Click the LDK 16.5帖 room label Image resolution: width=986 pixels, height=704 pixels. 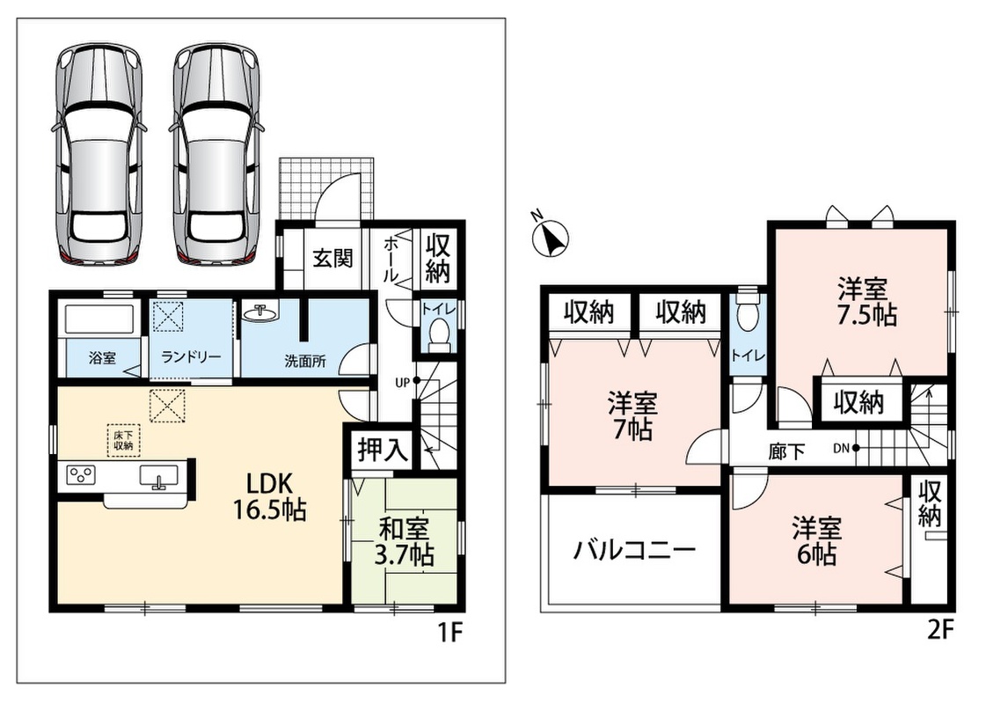point(269,496)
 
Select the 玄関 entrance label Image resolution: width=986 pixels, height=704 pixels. point(333,258)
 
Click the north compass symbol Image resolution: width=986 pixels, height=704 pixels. point(551,238)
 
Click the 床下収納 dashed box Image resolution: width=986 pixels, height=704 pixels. point(123,440)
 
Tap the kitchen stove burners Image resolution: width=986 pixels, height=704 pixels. point(78,474)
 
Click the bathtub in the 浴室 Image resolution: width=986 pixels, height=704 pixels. point(99,321)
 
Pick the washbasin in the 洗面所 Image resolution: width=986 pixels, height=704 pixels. point(259,312)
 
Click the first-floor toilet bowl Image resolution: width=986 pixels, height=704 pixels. point(438,333)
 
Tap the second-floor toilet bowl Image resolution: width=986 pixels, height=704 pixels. point(748,312)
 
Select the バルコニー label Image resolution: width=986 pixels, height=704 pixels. point(634,552)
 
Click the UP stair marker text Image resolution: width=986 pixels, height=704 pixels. point(402,381)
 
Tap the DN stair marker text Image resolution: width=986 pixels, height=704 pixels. point(842,448)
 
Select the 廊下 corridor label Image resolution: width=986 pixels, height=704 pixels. point(786,451)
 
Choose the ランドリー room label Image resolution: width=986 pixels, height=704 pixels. point(191,357)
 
